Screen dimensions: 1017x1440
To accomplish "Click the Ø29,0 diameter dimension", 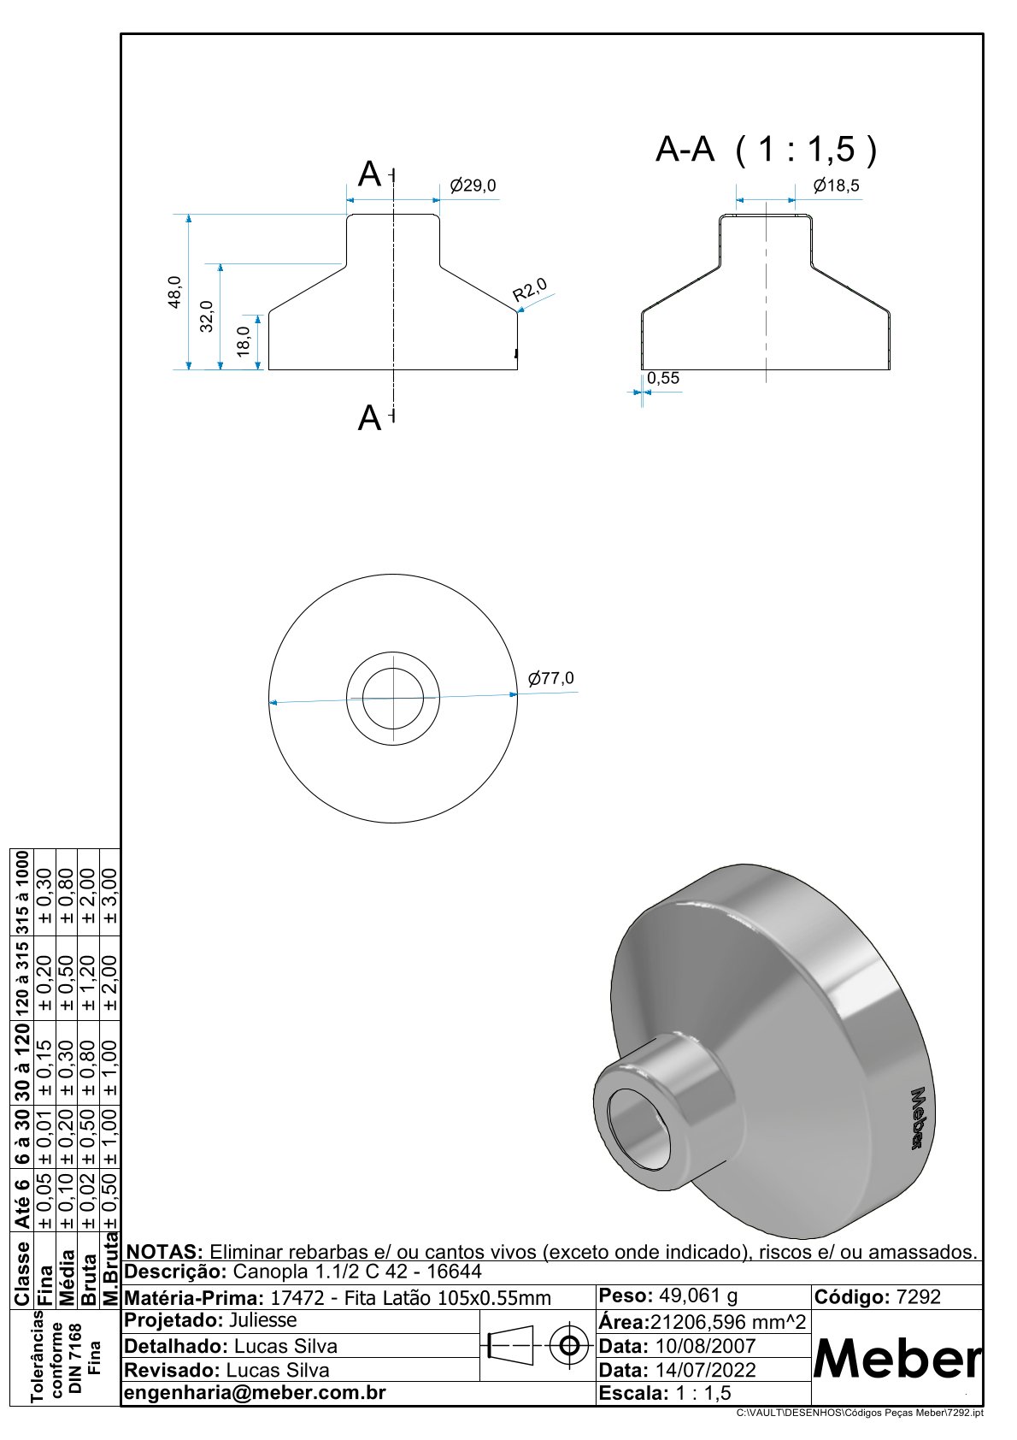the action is click(473, 186).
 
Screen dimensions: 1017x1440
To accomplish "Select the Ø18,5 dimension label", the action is click(836, 186).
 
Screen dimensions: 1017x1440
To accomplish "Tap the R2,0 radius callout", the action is click(530, 290).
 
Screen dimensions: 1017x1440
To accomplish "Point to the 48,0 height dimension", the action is click(174, 292).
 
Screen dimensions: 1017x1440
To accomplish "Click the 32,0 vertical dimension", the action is click(206, 316).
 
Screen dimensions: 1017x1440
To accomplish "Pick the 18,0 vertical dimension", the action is click(243, 341).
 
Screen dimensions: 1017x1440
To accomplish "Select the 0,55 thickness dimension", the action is click(663, 378).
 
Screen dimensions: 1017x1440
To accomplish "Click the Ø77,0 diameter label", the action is click(550, 678).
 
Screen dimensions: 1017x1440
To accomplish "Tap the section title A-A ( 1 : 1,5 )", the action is click(766, 149).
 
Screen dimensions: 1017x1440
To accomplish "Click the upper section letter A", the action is click(369, 174).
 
